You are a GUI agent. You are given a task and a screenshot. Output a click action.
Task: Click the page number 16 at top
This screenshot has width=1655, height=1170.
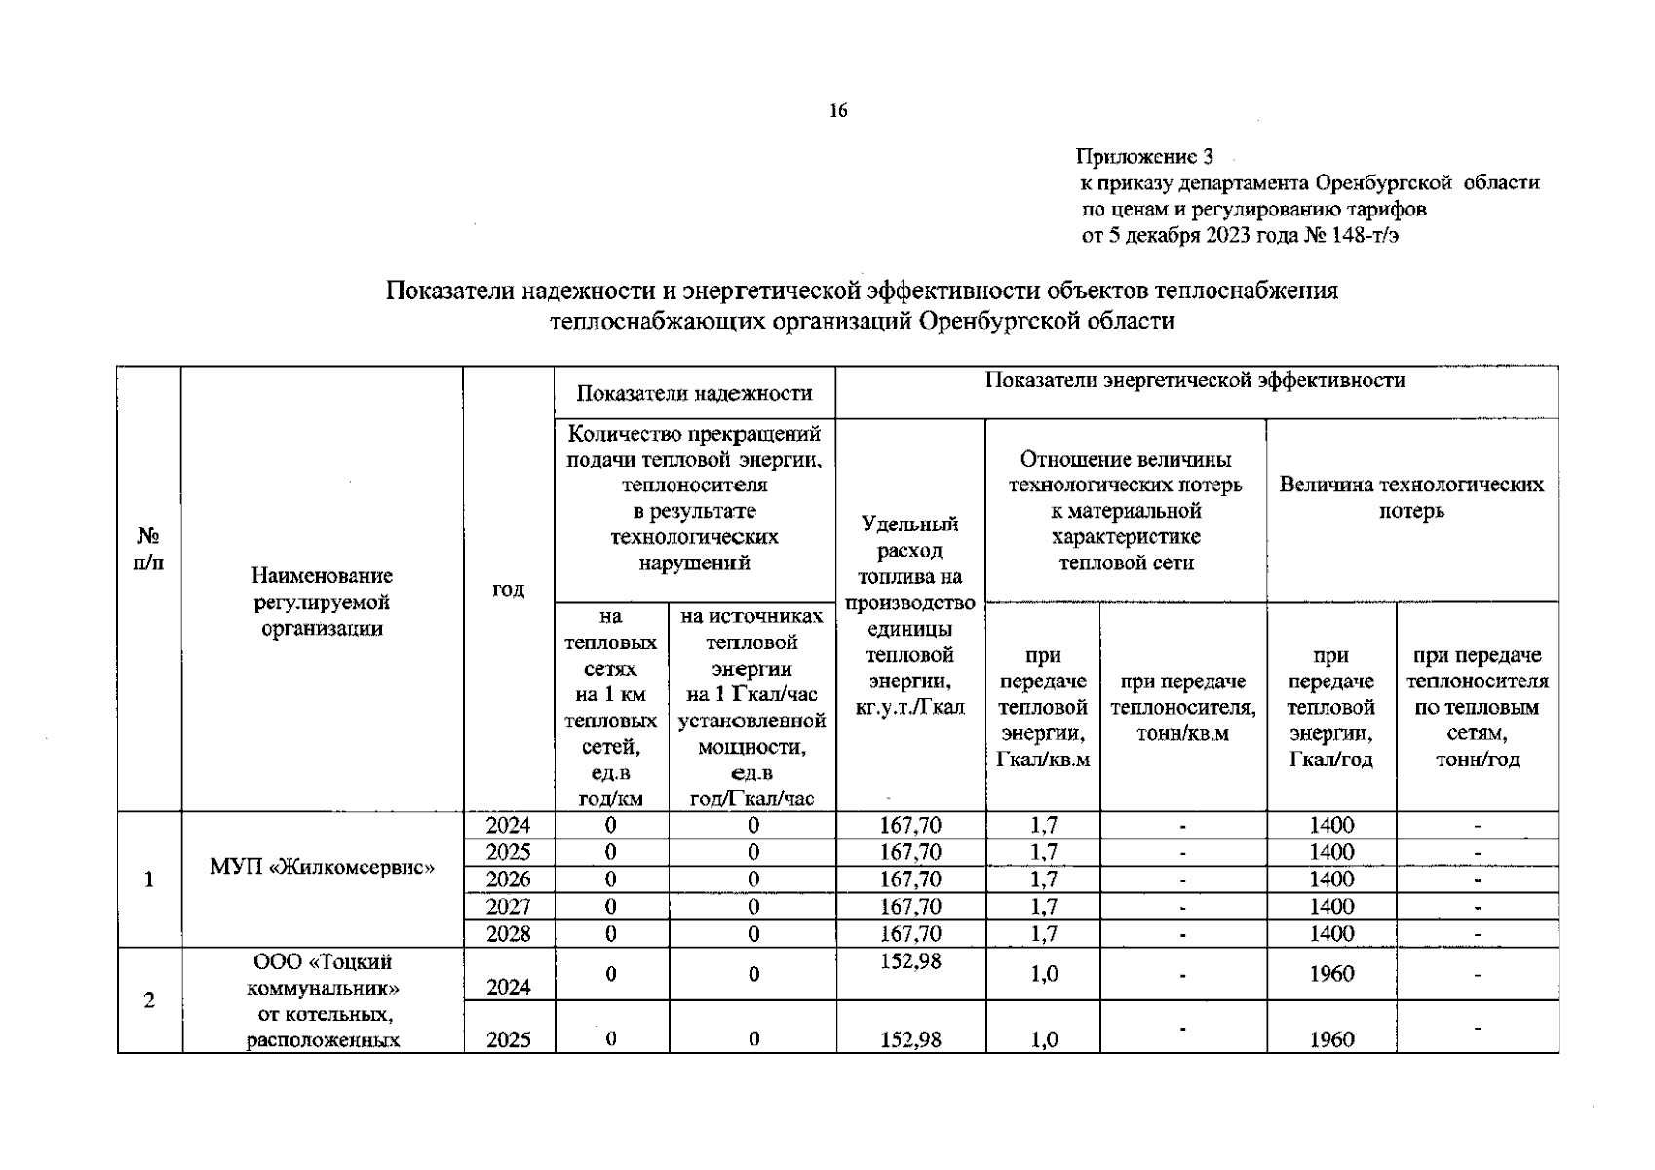[x=838, y=110]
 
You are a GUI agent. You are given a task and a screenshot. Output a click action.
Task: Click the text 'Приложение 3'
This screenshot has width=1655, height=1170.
[x=1144, y=156]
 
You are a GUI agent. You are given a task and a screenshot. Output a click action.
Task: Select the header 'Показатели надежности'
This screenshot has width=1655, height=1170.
[x=694, y=393]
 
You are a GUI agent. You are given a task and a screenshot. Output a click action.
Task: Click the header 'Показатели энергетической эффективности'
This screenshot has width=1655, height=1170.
[x=1195, y=380]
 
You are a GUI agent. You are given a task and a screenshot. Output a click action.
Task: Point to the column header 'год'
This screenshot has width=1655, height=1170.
[x=508, y=589]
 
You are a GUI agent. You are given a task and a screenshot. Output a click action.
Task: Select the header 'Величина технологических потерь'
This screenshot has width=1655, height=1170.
[x=1411, y=497]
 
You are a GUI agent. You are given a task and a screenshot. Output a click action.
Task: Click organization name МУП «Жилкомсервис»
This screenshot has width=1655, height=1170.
[x=322, y=866]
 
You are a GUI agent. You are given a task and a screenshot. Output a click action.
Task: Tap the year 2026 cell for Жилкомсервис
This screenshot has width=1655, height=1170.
[x=508, y=879]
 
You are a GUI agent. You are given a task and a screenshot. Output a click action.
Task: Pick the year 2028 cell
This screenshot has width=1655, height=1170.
[x=508, y=934]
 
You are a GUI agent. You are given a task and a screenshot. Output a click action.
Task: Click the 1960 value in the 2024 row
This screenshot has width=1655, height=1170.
[x=1331, y=974]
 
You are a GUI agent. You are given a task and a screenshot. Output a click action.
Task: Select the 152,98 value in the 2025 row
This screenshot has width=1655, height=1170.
[x=910, y=1039]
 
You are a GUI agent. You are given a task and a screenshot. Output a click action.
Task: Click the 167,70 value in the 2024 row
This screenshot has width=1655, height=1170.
[x=910, y=826]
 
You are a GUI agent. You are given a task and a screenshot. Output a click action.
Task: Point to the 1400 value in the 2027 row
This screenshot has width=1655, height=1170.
[x=1331, y=907]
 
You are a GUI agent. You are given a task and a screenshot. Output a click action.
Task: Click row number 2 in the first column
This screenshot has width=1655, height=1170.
[x=148, y=1000]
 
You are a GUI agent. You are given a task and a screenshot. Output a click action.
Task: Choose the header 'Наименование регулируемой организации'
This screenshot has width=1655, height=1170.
[x=322, y=603]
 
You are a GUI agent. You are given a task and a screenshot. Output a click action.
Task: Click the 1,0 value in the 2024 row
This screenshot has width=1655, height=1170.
[x=1043, y=974]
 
